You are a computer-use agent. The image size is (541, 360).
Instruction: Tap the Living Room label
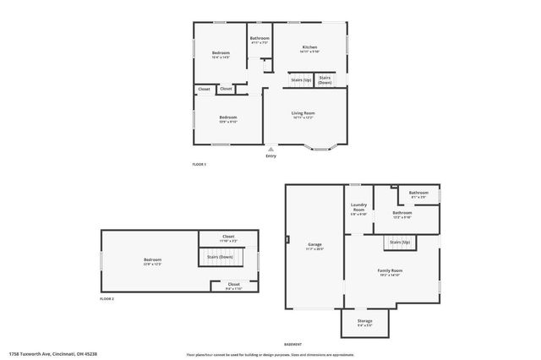[303, 114]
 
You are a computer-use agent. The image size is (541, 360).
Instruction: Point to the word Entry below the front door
[270, 156]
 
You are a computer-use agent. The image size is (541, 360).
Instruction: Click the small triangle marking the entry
[270, 149]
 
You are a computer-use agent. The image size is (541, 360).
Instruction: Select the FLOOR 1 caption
[199, 164]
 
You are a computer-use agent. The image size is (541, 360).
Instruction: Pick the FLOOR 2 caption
[107, 299]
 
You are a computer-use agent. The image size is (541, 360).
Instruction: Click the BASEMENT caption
[292, 344]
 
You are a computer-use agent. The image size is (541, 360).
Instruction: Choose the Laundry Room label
[358, 209]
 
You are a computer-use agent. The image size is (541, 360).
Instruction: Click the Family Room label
[390, 271]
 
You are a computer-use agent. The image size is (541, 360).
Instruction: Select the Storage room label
[364, 321]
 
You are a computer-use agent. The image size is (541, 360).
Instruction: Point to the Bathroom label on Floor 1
[260, 39]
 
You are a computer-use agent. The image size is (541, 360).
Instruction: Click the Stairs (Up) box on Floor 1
[301, 80]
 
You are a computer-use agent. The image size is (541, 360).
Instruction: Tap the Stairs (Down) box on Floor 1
[325, 80]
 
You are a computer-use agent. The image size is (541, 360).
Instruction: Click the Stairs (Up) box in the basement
[400, 243]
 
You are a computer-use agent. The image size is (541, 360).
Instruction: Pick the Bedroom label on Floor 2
[152, 260]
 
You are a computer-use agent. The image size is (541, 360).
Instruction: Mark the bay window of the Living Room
[321, 149]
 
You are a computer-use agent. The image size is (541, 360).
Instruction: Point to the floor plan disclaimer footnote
[270, 353]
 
